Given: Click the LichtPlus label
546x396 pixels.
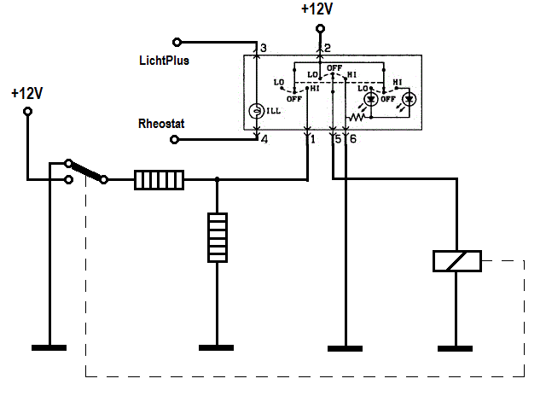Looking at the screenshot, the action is click(x=164, y=61).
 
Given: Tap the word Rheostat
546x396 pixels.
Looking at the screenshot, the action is click(x=161, y=124).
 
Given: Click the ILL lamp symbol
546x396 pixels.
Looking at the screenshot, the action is click(x=256, y=111).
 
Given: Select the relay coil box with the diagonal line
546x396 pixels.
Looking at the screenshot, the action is click(x=457, y=261).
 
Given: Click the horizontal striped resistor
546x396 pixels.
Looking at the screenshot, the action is click(x=160, y=180).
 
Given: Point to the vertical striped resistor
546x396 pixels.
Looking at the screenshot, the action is click(x=218, y=237).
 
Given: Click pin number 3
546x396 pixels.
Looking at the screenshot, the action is click(x=264, y=48).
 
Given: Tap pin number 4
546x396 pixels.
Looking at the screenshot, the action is click(x=264, y=140).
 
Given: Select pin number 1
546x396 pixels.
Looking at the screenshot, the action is click(x=313, y=139).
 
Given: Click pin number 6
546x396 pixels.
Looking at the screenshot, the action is click(x=352, y=139).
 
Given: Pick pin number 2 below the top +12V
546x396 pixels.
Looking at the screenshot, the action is click(x=327, y=48).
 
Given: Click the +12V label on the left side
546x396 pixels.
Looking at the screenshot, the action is click(x=26, y=93).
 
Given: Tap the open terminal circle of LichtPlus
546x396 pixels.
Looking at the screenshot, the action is click(x=177, y=43).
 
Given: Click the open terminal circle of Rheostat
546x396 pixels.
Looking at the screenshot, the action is click(x=174, y=140).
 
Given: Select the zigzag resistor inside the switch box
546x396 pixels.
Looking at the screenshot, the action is click(x=356, y=118).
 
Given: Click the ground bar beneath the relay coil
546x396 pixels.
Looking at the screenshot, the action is click(x=455, y=348).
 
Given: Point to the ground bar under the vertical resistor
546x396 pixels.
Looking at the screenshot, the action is click(x=216, y=348).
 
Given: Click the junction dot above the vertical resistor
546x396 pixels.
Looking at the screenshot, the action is click(x=218, y=179).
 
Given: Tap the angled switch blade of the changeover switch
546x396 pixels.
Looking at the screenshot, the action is click(x=86, y=172).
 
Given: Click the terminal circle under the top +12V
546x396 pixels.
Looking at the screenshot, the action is click(x=321, y=28).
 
